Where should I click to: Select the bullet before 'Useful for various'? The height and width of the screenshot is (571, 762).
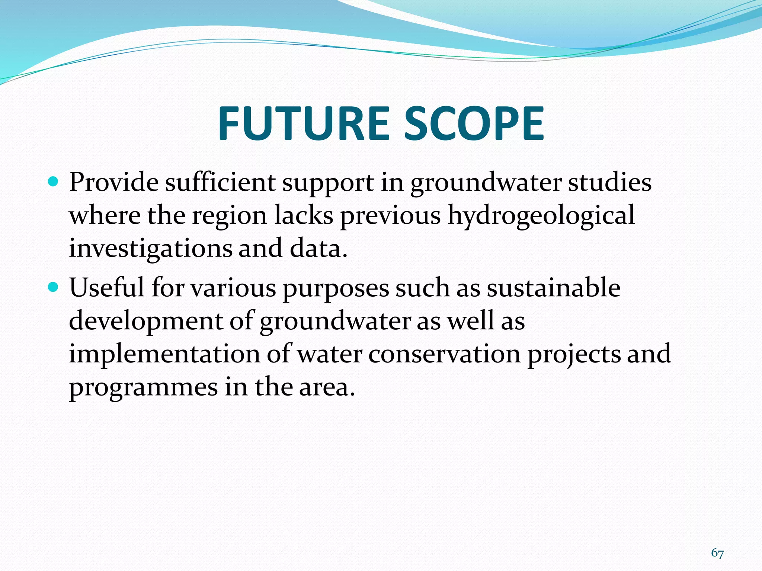point(54,287)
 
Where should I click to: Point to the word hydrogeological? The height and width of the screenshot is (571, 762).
point(541,216)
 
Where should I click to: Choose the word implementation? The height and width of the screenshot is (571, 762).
point(164,354)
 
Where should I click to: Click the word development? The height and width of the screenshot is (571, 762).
point(145,320)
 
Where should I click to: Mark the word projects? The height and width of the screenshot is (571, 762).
point(574,354)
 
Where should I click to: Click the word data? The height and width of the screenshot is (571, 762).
point(318,248)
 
